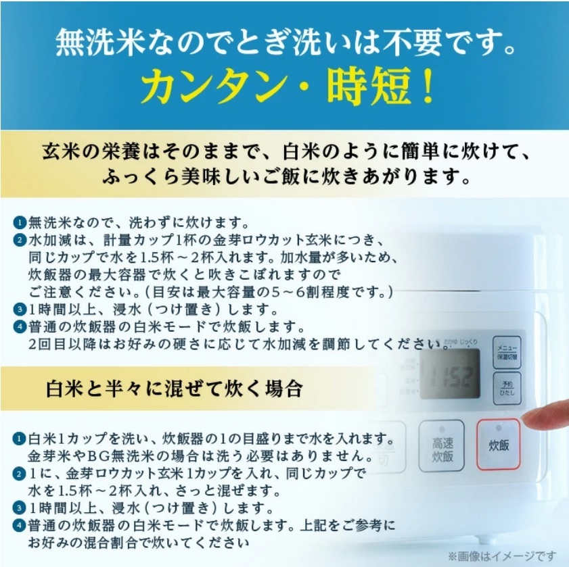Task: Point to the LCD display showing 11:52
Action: pos(449,374)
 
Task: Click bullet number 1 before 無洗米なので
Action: pos(19,223)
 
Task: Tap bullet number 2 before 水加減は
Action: pos(19,241)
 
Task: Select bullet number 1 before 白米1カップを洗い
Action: pos(19,438)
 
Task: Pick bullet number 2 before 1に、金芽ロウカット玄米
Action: pos(19,473)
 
